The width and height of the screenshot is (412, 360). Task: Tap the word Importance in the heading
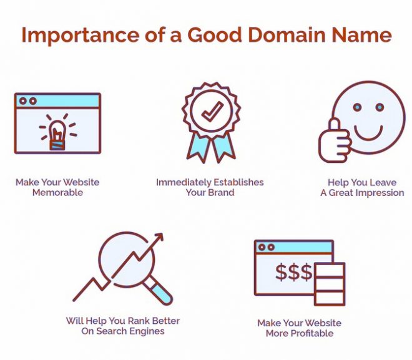coord(80,36)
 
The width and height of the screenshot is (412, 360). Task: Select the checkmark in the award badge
coord(212,112)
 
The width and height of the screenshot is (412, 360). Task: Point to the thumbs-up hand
coord(334,142)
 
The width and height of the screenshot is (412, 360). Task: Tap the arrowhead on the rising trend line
coord(159,236)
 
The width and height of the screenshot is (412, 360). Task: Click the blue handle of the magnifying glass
coord(161,293)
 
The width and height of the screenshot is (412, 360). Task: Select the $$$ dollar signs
coord(294,272)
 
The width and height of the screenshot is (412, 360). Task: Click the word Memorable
coord(57,192)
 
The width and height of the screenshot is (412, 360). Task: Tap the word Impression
coord(381,193)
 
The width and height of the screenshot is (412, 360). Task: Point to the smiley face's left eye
coord(357,107)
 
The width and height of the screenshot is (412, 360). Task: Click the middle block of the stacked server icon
coord(330,284)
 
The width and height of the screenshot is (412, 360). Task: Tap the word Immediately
coord(184,182)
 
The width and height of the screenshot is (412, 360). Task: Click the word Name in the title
coord(362,35)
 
